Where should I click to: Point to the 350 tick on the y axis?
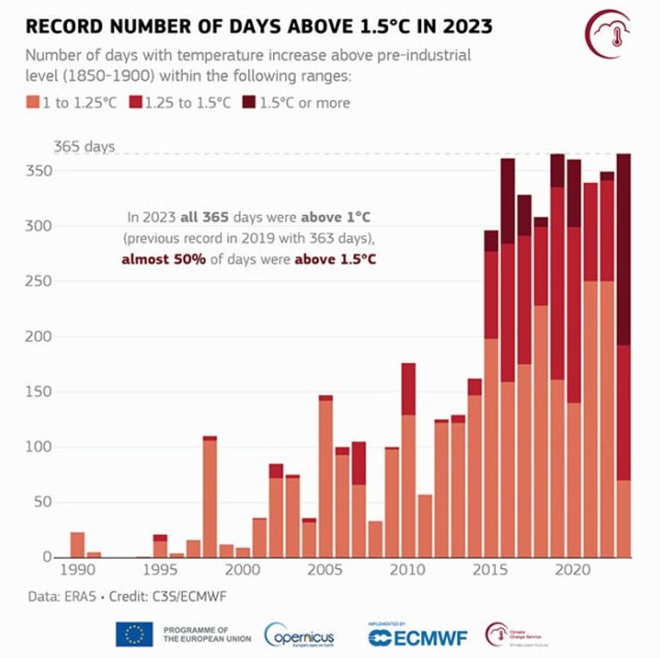[x=41, y=170]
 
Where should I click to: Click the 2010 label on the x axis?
[x=408, y=569]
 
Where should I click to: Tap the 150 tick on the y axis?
[x=41, y=391]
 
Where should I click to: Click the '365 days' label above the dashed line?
[x=84, y=146]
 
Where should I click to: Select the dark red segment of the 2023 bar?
[x=623, y=250]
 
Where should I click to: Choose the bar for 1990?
[x=78, y=544]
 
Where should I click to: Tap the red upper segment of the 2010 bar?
[x=408, y=389]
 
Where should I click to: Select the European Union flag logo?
[x=134, y=635]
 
